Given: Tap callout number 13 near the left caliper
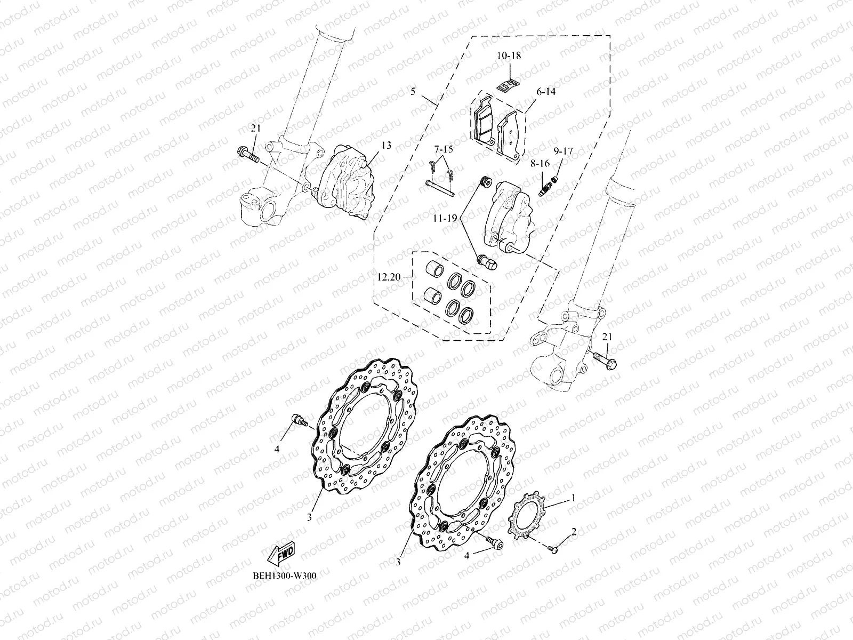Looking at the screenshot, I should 386,145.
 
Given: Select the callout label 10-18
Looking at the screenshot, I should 509,55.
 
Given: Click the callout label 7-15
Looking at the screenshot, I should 442,149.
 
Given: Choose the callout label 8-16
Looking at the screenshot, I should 540,165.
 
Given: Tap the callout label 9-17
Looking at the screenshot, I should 562,151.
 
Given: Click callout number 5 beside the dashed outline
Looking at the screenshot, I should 428,92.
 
